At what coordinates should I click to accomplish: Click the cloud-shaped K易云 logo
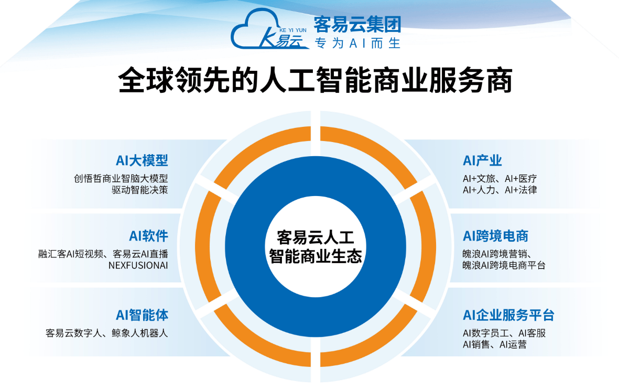coord(269,29)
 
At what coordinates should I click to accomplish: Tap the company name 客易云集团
coord(357,24)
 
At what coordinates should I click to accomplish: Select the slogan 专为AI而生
coord(357,43)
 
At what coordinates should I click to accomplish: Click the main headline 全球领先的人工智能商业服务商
coord(315,80)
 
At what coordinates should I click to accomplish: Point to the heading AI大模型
coord(142,160)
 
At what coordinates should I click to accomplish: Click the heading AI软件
coord(148,236)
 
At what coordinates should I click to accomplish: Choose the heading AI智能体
coord(142,315)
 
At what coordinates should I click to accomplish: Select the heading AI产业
coord(482,160)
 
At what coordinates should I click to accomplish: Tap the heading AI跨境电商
coord(495,236)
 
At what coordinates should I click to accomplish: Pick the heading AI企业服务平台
coord(508,315)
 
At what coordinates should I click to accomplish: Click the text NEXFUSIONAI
coord(138,265)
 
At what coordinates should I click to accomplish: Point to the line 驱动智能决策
coord(140,190)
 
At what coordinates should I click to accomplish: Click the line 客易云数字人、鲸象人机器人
coord(107,333)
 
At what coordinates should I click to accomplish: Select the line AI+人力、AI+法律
coord(500,190)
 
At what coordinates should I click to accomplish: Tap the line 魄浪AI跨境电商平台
coord(504,265)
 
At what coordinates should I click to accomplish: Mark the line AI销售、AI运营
coord(495,345)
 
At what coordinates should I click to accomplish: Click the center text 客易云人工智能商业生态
coord(316,247)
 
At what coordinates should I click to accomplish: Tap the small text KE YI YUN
coord(292,30)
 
